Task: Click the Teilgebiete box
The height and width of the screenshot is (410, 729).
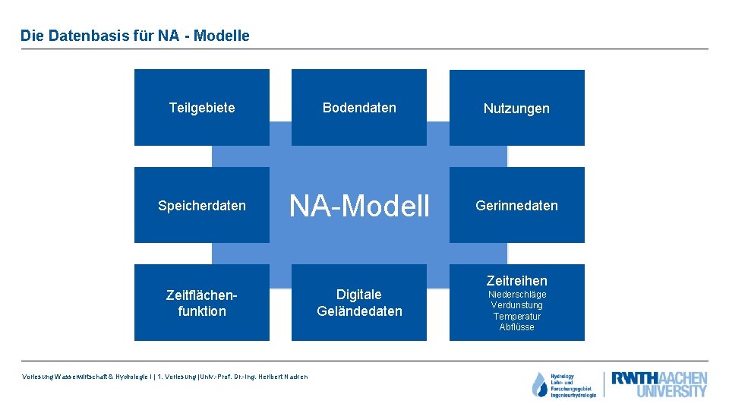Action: click(202, 107)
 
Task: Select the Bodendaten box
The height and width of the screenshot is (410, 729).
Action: click(359, 107)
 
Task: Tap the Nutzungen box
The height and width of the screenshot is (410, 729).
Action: click(516, 108)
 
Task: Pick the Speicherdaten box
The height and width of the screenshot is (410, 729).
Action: click(202, 205)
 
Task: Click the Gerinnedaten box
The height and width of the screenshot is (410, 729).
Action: click(516, 205)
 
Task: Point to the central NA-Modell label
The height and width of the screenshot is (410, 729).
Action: click(359, 206)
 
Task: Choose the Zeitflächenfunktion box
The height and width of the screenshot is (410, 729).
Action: click(202, 302)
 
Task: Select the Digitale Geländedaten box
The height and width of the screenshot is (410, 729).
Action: click(359, 302)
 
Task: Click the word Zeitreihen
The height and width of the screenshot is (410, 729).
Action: click(516, 280)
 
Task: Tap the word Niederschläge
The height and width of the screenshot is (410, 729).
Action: click(516, 295)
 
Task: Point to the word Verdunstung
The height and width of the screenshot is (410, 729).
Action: click(516, 305)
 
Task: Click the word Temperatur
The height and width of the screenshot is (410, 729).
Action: click(516, 316)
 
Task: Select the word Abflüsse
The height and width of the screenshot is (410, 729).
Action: click(516, 327)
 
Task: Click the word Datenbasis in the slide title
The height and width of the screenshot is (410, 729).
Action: click(79, 36)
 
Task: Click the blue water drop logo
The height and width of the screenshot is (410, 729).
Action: click(539, 385)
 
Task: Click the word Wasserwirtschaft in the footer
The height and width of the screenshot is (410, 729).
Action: click(79, 377)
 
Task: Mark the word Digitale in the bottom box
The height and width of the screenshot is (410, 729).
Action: click(359, 294)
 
